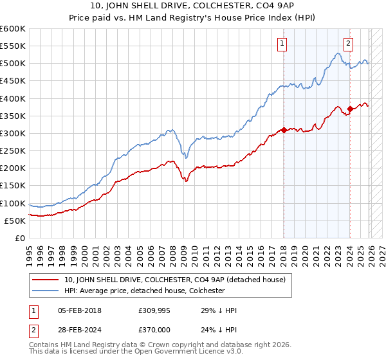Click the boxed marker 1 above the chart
tap(282, 44)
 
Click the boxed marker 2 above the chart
tap(348, 44)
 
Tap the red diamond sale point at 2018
tap(284, 130)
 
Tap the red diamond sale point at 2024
tap(350, 109)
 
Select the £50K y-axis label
tap(15, 221)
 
